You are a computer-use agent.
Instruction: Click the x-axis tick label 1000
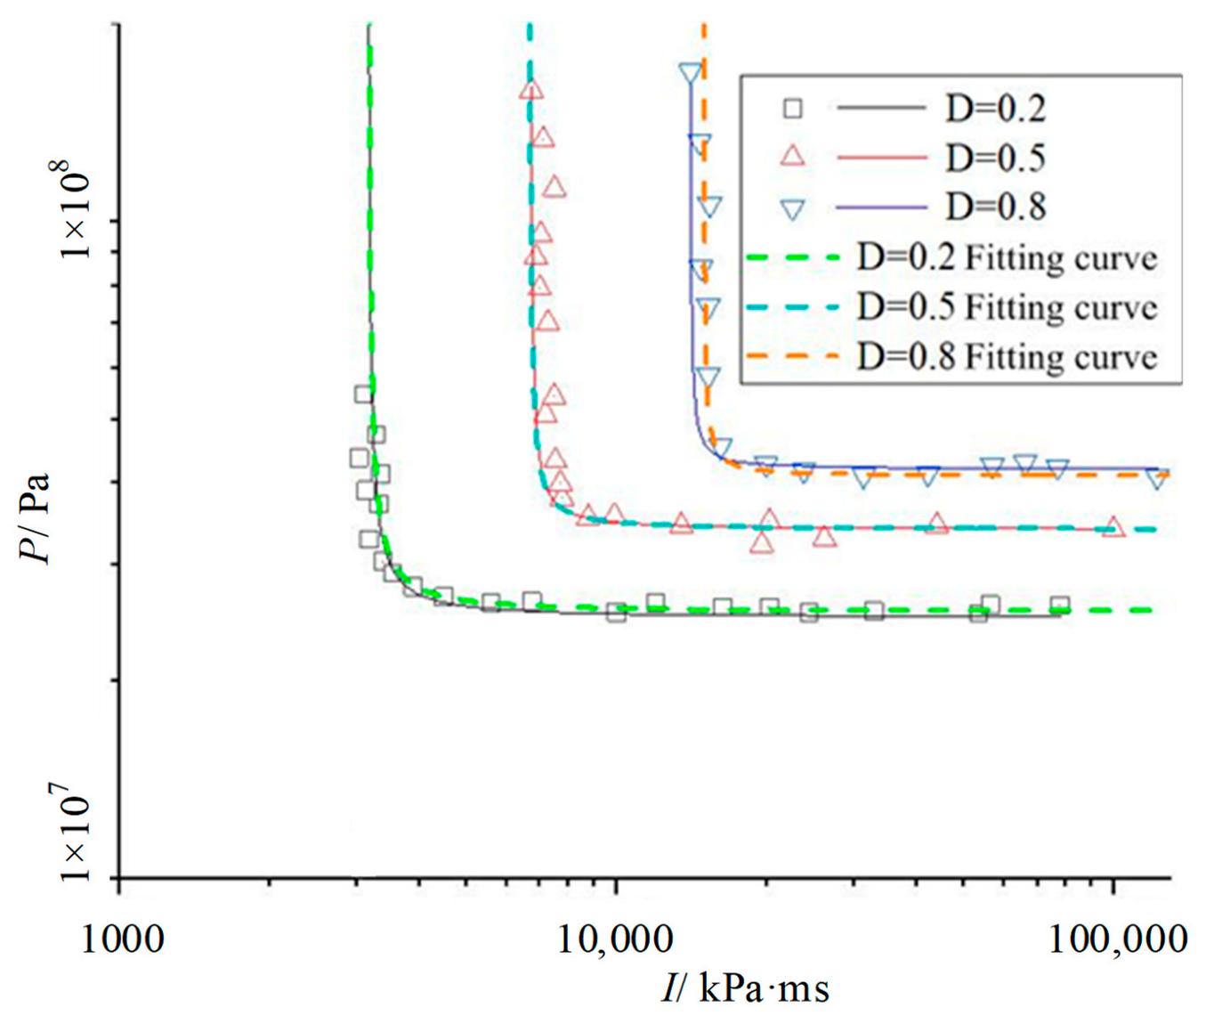click(123, 939)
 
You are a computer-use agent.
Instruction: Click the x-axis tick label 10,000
click(616, 939)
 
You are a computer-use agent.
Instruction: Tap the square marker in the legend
click(792, 109)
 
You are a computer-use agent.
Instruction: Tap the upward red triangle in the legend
click(792, 158)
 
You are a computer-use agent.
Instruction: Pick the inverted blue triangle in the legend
click(792, 208)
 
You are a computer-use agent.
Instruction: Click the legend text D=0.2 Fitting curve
click(1007, 258)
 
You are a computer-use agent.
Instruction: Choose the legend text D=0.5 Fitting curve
click(1007, 307)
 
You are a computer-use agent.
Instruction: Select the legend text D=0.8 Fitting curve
click(1007, 357)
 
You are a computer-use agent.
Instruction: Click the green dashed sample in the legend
click(792, 258)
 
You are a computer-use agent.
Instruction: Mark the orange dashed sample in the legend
click(792, 356)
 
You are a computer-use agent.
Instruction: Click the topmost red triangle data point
click(531, 89)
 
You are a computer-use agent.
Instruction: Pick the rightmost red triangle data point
click(1113, 528)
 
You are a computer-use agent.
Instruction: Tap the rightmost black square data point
click(1059, 606)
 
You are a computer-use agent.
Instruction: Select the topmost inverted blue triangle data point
click(690, 74)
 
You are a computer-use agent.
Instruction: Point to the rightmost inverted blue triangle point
click(1156, 479)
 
